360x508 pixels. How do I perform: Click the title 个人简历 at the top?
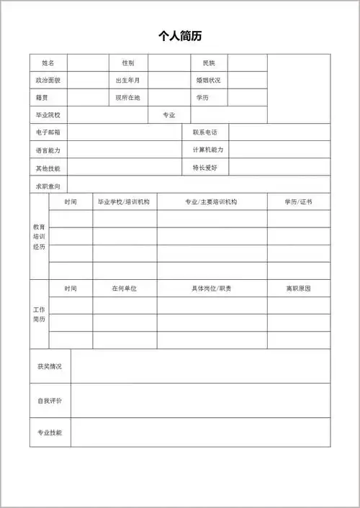point(180,36)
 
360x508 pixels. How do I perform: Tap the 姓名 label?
point(48,63)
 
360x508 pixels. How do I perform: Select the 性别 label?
point(128,63)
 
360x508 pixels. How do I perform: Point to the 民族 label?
point(209,63)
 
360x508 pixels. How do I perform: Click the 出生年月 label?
point(128,80)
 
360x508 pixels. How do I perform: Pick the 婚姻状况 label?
point(209,80)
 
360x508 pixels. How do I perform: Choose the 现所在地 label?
point(128,97)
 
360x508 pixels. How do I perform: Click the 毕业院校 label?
point(48,115)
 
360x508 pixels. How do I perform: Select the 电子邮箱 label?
point(48,132)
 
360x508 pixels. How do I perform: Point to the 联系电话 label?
point(205,132)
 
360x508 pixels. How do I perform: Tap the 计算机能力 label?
point(208,150)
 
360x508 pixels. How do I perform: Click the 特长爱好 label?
point(205,168)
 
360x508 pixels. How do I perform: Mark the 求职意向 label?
point(48,185)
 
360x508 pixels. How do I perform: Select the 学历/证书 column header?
point(299,202)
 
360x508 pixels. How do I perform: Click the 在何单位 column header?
point(124,289)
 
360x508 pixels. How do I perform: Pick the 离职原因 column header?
point(299,289)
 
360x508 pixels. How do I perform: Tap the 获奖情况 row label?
point(50,366)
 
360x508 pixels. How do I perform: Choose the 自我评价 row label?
point(50,400)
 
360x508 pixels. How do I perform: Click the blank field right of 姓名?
point(89,63)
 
